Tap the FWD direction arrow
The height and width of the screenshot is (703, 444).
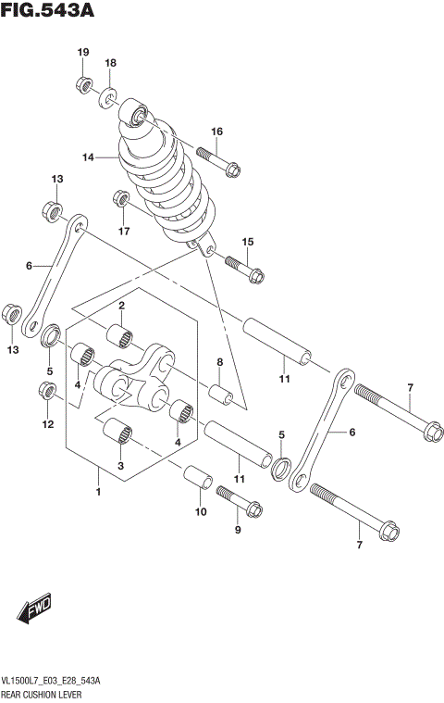[x=35, y=610]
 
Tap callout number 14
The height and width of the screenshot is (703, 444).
[x=88, y=157]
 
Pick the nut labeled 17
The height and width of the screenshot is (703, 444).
[x=120, y=197]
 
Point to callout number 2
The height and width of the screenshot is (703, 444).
[x=120, y=306]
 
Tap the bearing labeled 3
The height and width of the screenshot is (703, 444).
[x=120, y=432]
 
